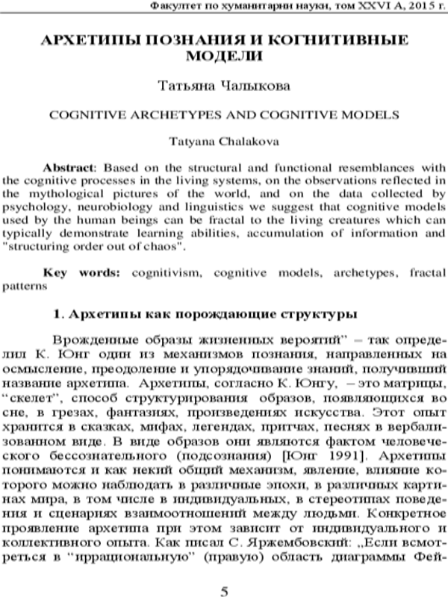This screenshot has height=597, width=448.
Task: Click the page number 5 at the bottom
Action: pyautogui.click(x=224, y=572)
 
